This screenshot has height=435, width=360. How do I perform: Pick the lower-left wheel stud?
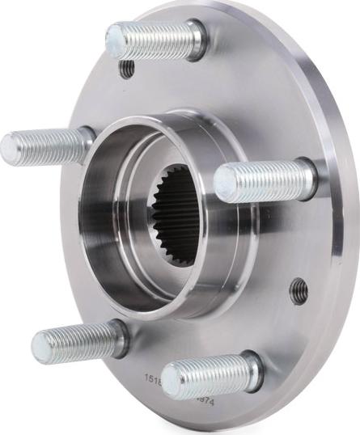click(77, 343)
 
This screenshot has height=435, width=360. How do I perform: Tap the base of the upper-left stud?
click(87, 142)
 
